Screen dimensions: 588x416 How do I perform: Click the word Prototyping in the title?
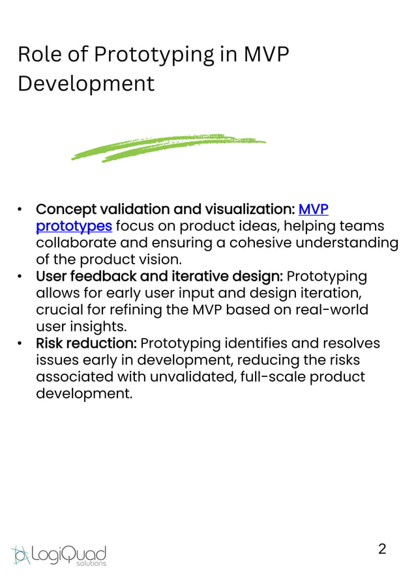pos(153,55)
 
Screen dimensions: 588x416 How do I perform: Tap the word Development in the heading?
pos(86,84)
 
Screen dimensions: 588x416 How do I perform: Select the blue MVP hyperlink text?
pos(313,209)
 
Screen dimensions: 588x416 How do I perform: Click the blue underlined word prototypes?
pos(74,226)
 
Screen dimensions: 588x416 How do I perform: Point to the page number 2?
pos(382,548)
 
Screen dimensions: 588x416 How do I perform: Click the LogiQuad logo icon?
pos(21,555)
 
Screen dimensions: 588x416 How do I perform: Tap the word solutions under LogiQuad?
pos(91,563)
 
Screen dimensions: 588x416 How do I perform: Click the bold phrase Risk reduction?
pos(86,343)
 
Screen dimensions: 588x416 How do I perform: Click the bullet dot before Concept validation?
pos(21,210)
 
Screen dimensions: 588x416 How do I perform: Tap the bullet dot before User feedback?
pos(21,277)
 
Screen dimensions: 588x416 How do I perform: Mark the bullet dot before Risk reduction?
pos(21,344)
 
